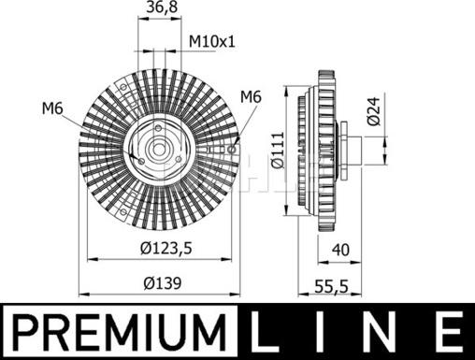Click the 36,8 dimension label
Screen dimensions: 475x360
[162, 7]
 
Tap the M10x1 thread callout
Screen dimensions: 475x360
[212, 41]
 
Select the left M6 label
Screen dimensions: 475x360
[52, 108]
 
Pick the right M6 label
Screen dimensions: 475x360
[251, 96]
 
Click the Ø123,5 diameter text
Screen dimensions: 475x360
[166, 249]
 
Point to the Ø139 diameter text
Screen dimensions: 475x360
[163, 283]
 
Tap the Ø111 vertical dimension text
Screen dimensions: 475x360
[277, 150]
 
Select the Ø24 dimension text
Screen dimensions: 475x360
[374, 111]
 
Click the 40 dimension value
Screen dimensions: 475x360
[340, 250]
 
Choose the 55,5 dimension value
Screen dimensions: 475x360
[331, 286]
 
